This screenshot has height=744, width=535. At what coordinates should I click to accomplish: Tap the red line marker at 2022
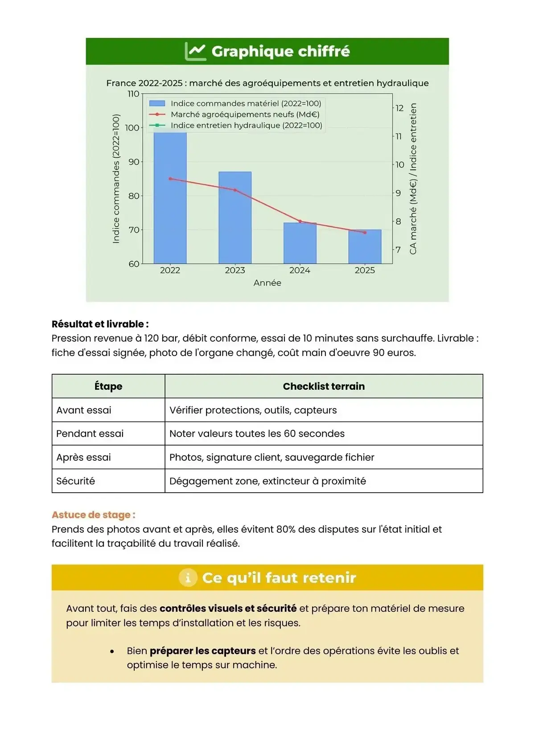(x=170, y=179)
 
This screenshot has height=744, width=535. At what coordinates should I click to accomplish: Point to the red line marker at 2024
(x=300, y=221)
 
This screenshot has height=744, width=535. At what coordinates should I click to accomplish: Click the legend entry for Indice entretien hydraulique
(x=246, y=125)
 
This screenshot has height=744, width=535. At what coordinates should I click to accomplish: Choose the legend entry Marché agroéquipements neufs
(x=245, y=114)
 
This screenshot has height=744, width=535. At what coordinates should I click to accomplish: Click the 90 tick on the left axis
(x=134, y=162)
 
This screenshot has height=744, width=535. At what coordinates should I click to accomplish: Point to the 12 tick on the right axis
(x=399, y=108)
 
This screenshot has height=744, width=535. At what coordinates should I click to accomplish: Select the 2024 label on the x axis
(x=300, y=270)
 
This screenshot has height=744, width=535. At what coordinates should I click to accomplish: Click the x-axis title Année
(x=267, y=283)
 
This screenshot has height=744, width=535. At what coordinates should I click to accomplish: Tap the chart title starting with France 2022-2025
(x=267, y=83)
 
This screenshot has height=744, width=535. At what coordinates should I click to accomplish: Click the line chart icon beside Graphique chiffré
(x=195, y=51)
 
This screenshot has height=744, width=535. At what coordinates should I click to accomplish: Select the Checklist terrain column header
(x=324, y=386)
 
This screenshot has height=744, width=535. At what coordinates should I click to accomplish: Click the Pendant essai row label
(x=90, y=433)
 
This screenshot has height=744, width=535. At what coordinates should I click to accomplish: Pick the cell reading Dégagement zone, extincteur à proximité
(x=267, y=481)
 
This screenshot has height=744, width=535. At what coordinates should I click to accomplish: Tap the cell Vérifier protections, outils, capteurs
(x=253, y=410)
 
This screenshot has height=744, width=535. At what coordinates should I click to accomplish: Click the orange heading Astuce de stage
(x=93, y=515)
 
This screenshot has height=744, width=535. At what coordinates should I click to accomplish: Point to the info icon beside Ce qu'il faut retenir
(x=188, y=578)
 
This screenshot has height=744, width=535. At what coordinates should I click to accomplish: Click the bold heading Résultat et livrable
(x=100, y=324)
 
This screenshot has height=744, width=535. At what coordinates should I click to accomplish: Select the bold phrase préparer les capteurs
(x=202, y=651)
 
